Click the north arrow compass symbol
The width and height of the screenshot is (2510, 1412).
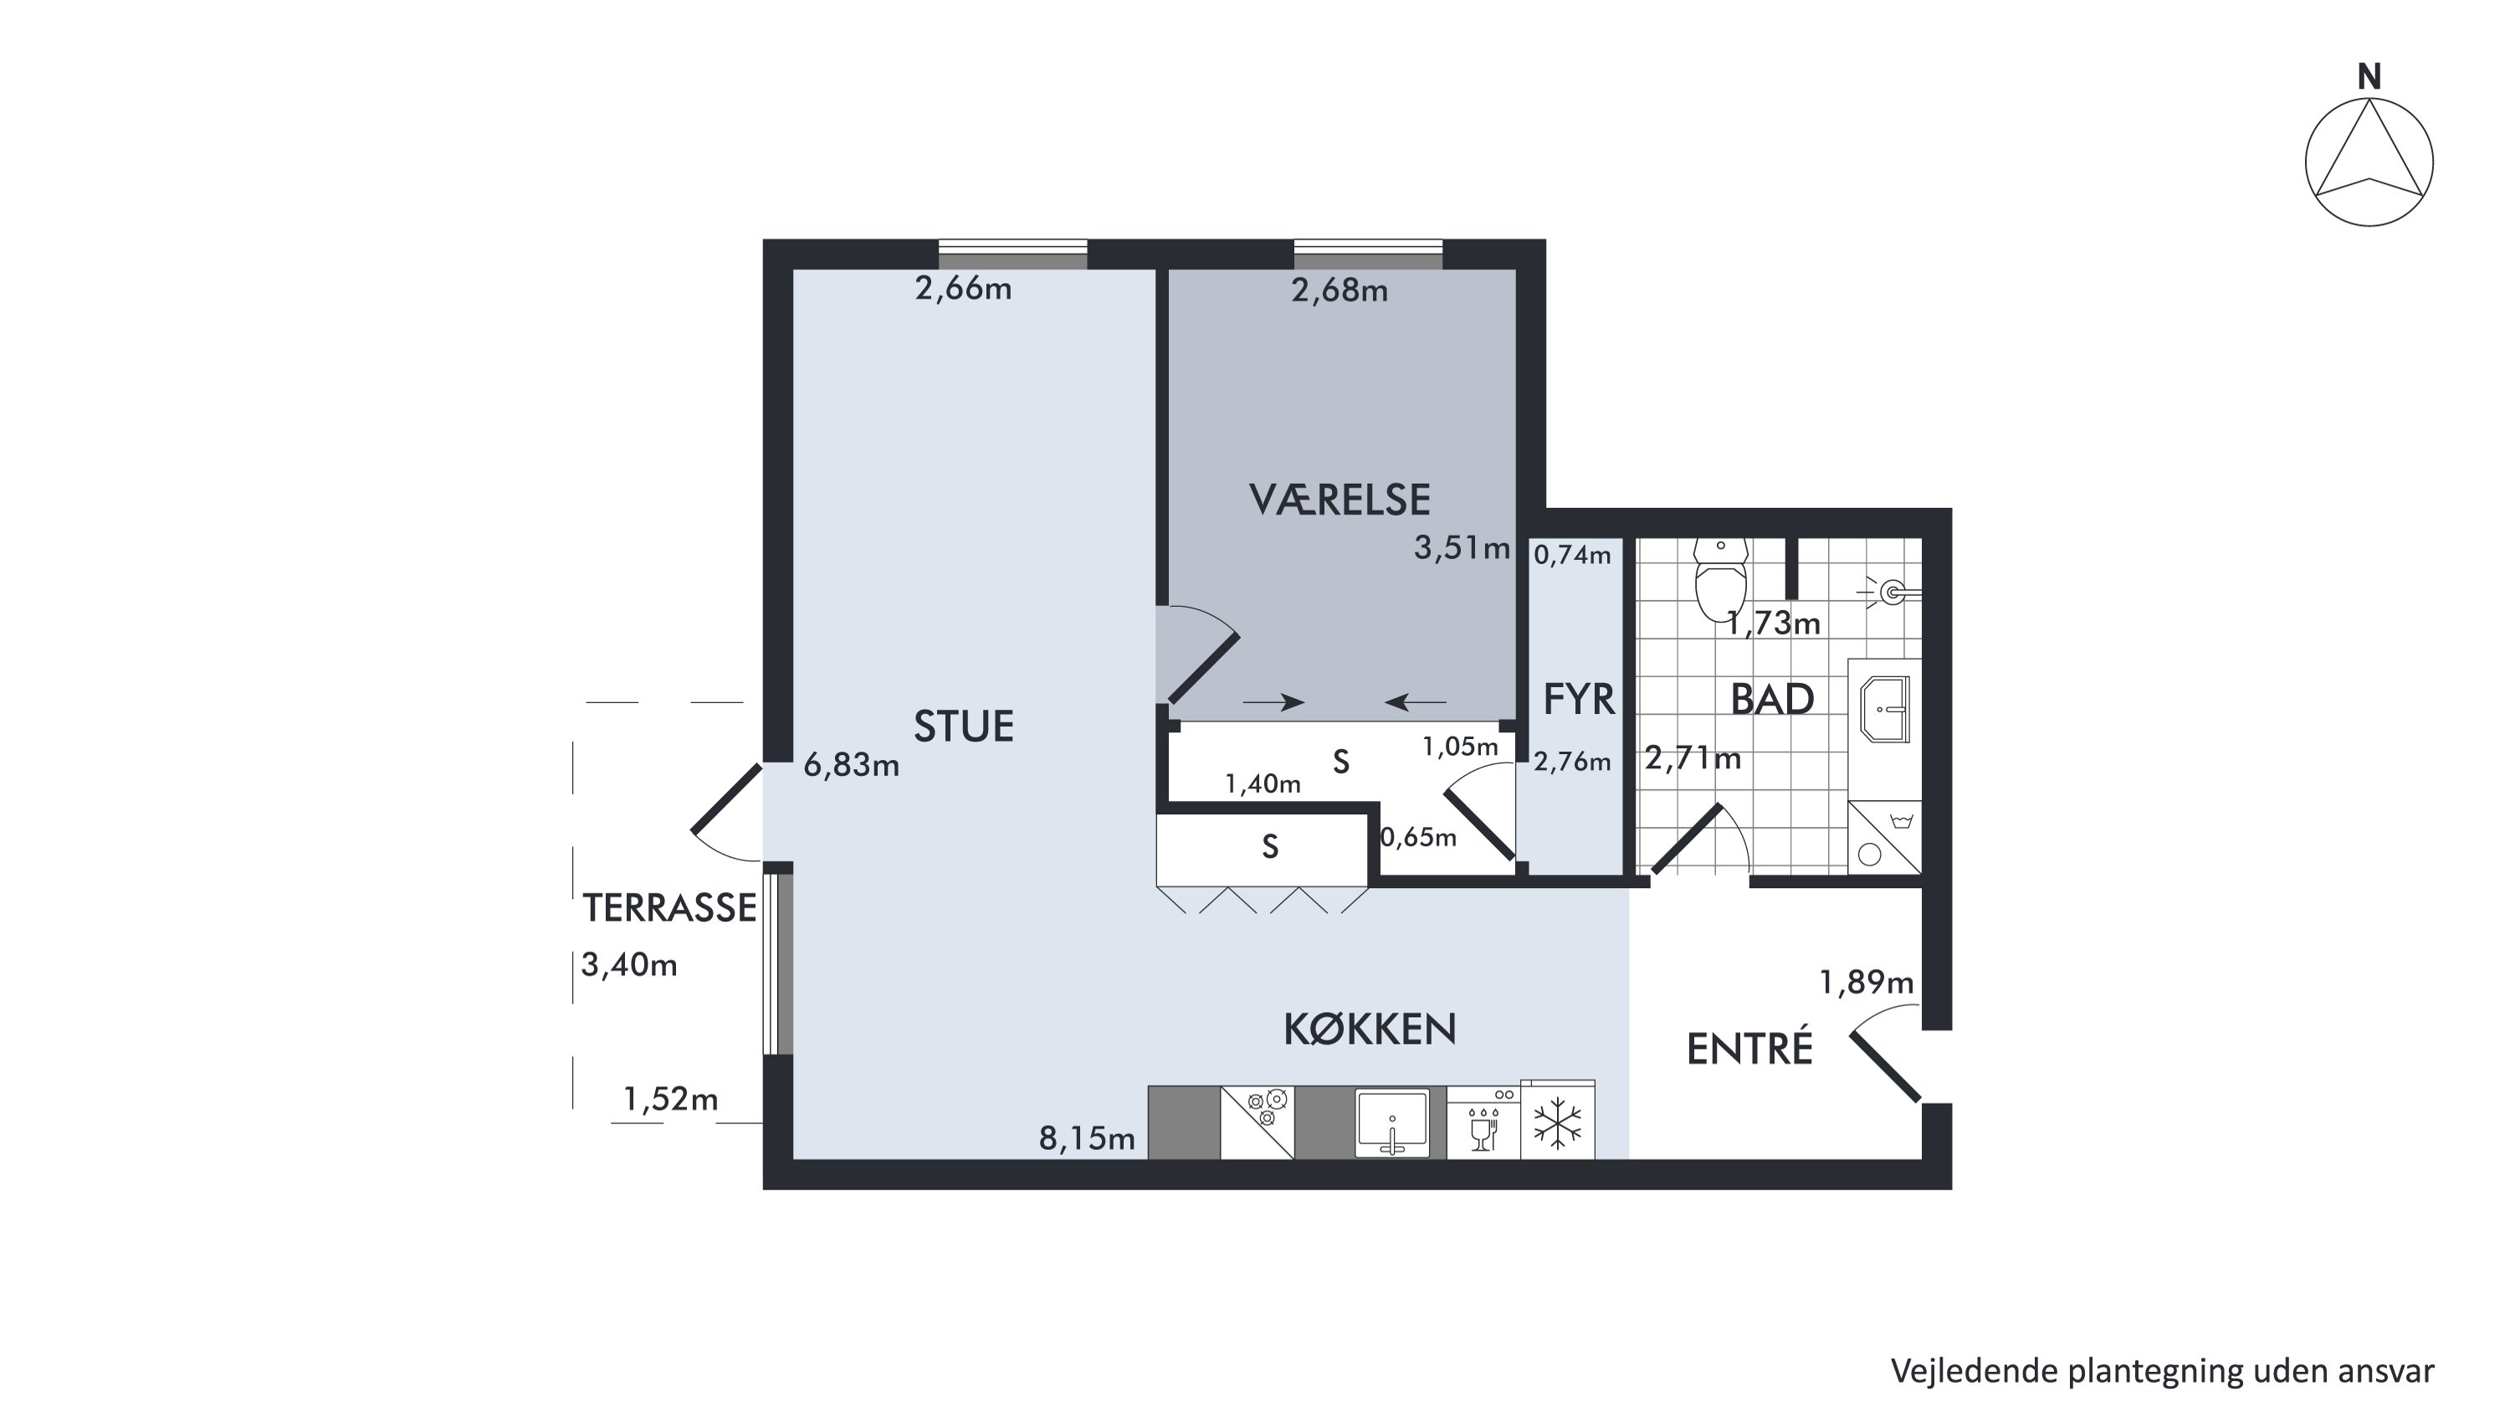(2369, 162)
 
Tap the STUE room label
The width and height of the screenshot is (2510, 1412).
(964, 726)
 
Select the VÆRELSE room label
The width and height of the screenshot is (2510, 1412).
(1340, 500)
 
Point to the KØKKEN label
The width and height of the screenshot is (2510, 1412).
(1370, 1029)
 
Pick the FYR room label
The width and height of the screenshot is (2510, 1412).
(1579, 700)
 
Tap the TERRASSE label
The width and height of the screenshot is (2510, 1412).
(669, 908)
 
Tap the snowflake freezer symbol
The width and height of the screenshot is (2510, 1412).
(1557, 1122)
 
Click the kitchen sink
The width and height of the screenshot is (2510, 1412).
(1392, 1122)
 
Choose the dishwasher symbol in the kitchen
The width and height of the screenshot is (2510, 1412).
(1483, 1122)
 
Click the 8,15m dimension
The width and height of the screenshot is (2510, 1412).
(1088, 1138)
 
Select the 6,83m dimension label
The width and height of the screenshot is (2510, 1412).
(852, 766)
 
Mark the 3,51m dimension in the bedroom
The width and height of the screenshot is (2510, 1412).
(1462, 548)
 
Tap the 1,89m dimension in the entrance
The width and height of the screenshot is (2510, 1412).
(1867, 983)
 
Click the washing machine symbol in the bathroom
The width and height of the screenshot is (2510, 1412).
(1884, 838)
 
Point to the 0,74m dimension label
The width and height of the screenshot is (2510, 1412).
(1573, 556)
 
